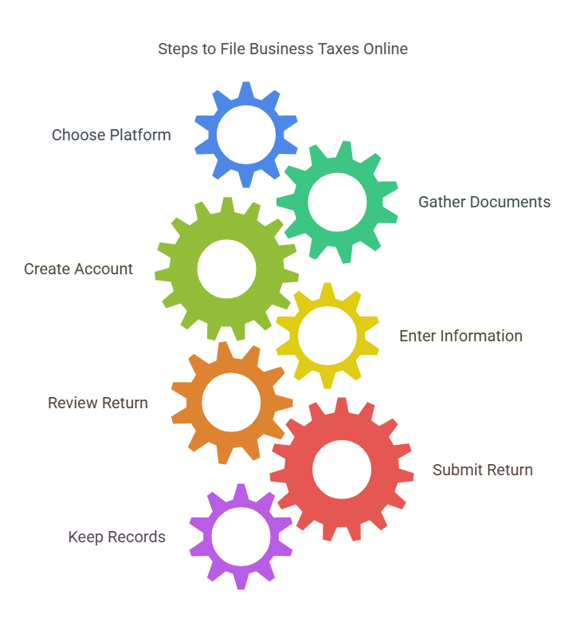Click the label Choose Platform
tap(112, 135)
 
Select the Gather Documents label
tap(484, 202)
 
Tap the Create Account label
tap(78, 269)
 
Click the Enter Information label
tap(460, 336)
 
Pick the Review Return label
tap(98, 403)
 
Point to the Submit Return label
tap(482, 470)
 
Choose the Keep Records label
tap(117, 537)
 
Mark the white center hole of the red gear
tap(342, 470)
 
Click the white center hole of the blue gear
tap(246, 135)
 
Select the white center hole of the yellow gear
tap(327, 336)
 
